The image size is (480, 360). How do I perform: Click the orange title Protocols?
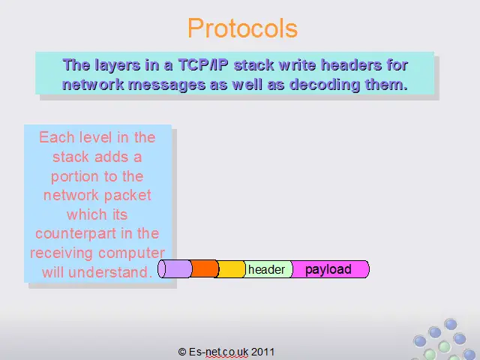point(242,28)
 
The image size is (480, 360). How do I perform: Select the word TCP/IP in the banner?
point(203,65)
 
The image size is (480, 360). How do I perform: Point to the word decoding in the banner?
point(325,85)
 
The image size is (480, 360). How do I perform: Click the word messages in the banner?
point(166,85)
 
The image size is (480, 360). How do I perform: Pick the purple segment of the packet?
point(175,269)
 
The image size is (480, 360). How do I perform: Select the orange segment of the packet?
point(205,269)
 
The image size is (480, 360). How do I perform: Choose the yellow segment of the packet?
point(232,269)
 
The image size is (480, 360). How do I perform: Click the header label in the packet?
point(266,270)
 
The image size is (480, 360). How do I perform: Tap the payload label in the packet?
point(328,270)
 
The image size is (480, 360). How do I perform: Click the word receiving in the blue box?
point(61,253)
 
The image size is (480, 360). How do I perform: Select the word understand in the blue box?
point(110,272)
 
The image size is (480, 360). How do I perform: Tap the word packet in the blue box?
point(128,196)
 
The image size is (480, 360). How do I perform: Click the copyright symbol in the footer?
point(182,352)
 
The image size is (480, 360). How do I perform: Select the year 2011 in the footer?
point(262,352)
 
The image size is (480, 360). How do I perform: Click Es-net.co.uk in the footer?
point(218,352)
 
